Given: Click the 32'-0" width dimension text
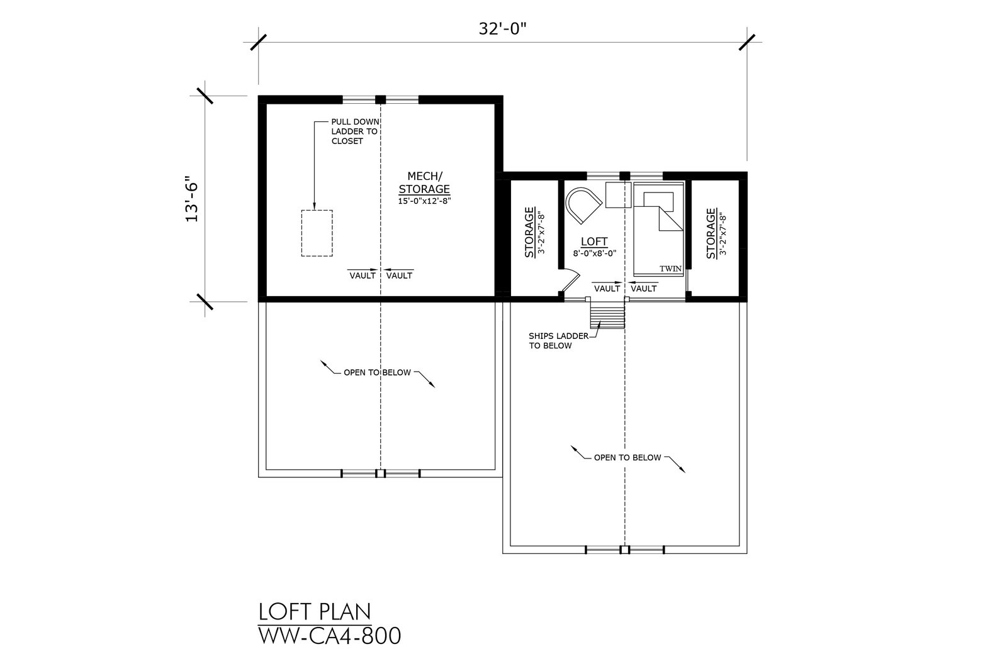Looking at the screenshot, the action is pyautogui.click(x=502, y=29).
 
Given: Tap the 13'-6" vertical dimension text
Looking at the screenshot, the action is pyautogui.click(x=192, y=199).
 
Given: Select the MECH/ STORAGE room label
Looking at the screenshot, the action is pyautogui.click(x=424, y=182).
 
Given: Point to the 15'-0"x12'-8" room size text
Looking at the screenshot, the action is pyautogui.click(x=424, y=201).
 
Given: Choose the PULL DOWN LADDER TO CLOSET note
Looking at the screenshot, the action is pyautogui.click(x=355, y=131).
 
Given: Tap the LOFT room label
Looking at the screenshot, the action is pyautogui.click(x=594, y=241).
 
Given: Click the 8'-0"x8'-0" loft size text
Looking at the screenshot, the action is pyautogui.click(x=594, y=253).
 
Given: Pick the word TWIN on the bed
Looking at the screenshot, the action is pyautogui.click(x=671, y=269).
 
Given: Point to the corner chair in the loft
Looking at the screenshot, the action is pyautogui.click(x=583, y=206).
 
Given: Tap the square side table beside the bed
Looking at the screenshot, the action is pyautogui.click(x=618, y=195).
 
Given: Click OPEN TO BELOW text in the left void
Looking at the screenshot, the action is pyautogui.click(x=377, y=372).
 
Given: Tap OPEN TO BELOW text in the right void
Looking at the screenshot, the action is pyautogui.click(x=627, y=457).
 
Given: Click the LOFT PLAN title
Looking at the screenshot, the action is pyautogui.click(x=315, y=612).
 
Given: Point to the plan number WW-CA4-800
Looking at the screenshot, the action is pyautogui.click(x=330, y=636).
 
